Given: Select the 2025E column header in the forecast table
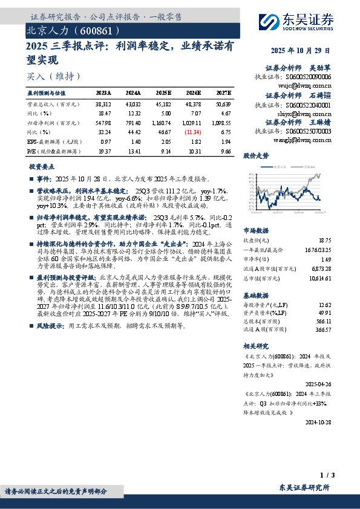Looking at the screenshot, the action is click(163, 93).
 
